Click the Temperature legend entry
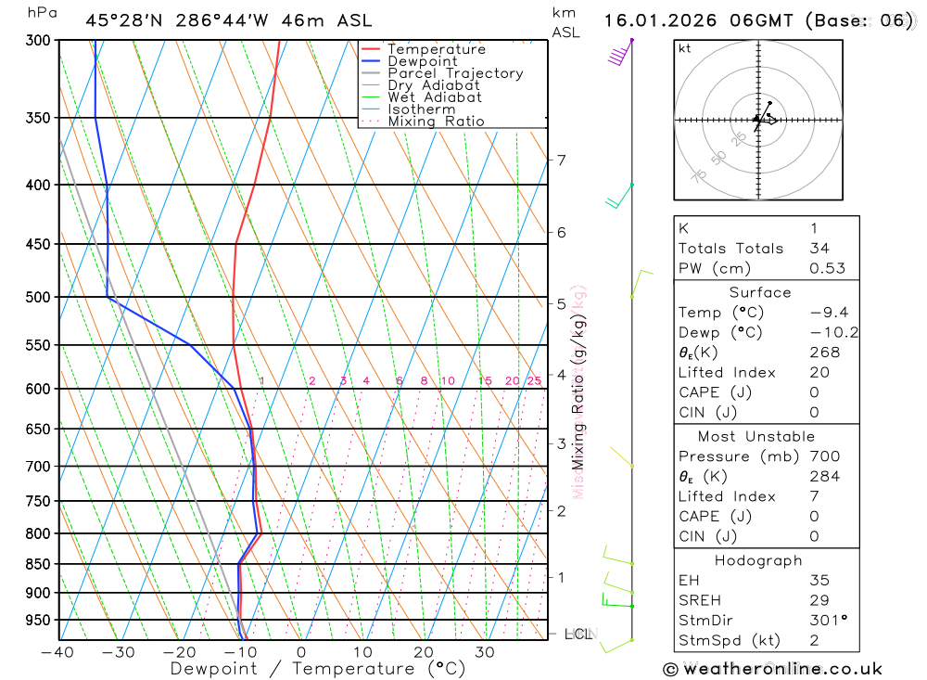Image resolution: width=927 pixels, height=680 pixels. [436, 49]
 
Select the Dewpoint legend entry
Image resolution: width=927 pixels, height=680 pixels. [422, 61]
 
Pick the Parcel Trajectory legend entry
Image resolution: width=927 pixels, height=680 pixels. [454, 73]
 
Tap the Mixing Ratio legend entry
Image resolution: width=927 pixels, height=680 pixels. [435, 122]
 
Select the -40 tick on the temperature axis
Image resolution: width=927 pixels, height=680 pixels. [57, 652]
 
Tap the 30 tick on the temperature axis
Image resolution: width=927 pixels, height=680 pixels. [484, 652]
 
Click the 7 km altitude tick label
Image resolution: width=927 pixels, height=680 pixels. [561, 160]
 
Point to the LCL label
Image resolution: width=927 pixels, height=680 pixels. [578, 635]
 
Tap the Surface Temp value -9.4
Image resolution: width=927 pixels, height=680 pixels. [828, 313]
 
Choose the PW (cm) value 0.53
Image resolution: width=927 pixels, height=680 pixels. [827, 268]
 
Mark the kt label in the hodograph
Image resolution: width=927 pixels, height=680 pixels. [685, 49]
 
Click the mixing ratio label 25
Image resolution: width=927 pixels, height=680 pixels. [534, 381]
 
